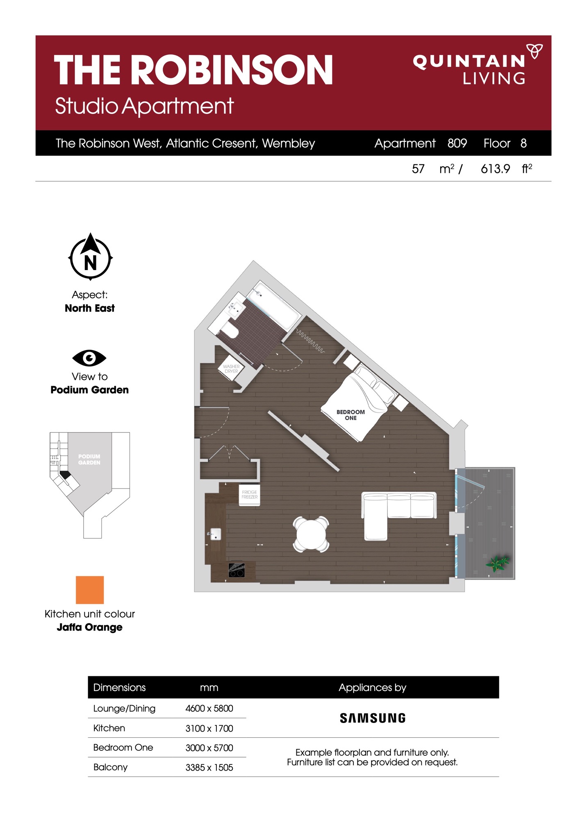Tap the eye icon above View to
tap(89, 358)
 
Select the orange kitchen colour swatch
tap(90, 590)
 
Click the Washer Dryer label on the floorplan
tap(231, 369)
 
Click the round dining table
tap(311, 534)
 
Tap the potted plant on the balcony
tap(498, 563)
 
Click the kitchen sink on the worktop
tap(215, 534)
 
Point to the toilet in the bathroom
tap(230, 330)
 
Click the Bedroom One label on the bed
tap(350, 415)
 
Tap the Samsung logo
tap(373, 718)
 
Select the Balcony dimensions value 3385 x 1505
tap(209, 767)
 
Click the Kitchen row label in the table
tap(109, 728)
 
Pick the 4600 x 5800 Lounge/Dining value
tap(209, 708)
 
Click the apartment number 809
tap(457, 143)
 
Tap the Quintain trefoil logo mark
tap(535, 51)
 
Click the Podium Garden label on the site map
tap(89, 459)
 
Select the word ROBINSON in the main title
tap(234, 70)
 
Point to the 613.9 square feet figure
tap(495, 169)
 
